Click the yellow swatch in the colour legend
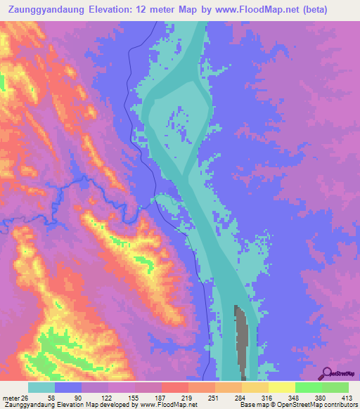281,387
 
